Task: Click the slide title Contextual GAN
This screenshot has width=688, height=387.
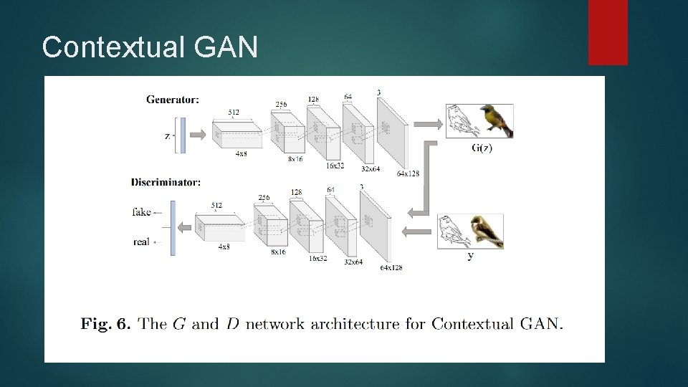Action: (x=149, y=47)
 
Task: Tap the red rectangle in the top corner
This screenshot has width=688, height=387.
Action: (x=608, y=32)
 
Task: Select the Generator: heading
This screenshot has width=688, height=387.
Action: (x=173, y=100)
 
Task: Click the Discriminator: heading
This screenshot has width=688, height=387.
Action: (x=166, y=183)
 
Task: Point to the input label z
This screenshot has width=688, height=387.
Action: (x=167, y=135)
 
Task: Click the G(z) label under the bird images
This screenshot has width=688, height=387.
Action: (x=482, y=148)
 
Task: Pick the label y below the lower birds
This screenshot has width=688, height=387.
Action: (x=470, y=256)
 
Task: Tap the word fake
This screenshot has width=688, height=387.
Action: (x=142, y=212)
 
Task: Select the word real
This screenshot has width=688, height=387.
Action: (x=141, y=242)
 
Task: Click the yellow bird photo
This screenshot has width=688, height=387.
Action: (x=496, y=120)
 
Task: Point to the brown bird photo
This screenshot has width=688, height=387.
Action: (x=487, y=231)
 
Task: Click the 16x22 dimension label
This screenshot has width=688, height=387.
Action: (x=335, y=166)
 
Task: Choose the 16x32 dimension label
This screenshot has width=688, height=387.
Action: (x=318, y=258)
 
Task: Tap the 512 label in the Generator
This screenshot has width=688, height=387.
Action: (x=234, y=113)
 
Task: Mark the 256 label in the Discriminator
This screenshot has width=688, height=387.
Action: (x=264, y=198)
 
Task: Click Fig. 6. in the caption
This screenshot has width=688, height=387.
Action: (x=105, y=325)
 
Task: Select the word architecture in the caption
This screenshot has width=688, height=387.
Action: (x=355, y=325)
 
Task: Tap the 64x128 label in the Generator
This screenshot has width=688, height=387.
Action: (x=408, y=174)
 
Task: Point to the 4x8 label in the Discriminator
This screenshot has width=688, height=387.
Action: (x=224, y=247)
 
